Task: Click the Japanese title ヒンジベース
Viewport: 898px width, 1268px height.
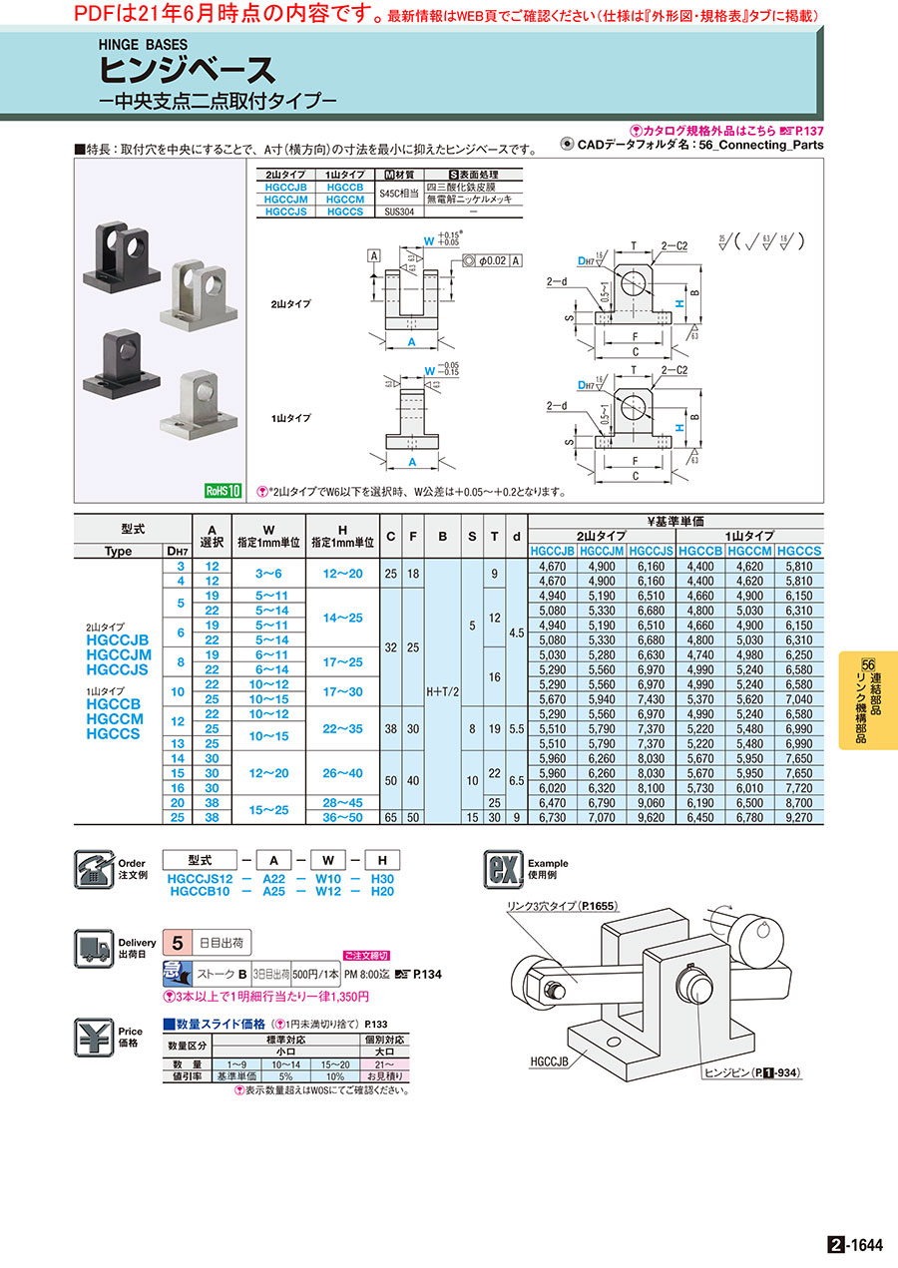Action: point(186,69)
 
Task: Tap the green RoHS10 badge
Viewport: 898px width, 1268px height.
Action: point(224,490)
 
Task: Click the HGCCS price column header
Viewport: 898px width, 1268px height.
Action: point(798,550)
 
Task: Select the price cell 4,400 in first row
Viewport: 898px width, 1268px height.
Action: point(699,566)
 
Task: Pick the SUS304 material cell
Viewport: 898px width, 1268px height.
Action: point(401,211)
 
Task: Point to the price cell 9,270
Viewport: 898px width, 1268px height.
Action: point(798,816)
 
